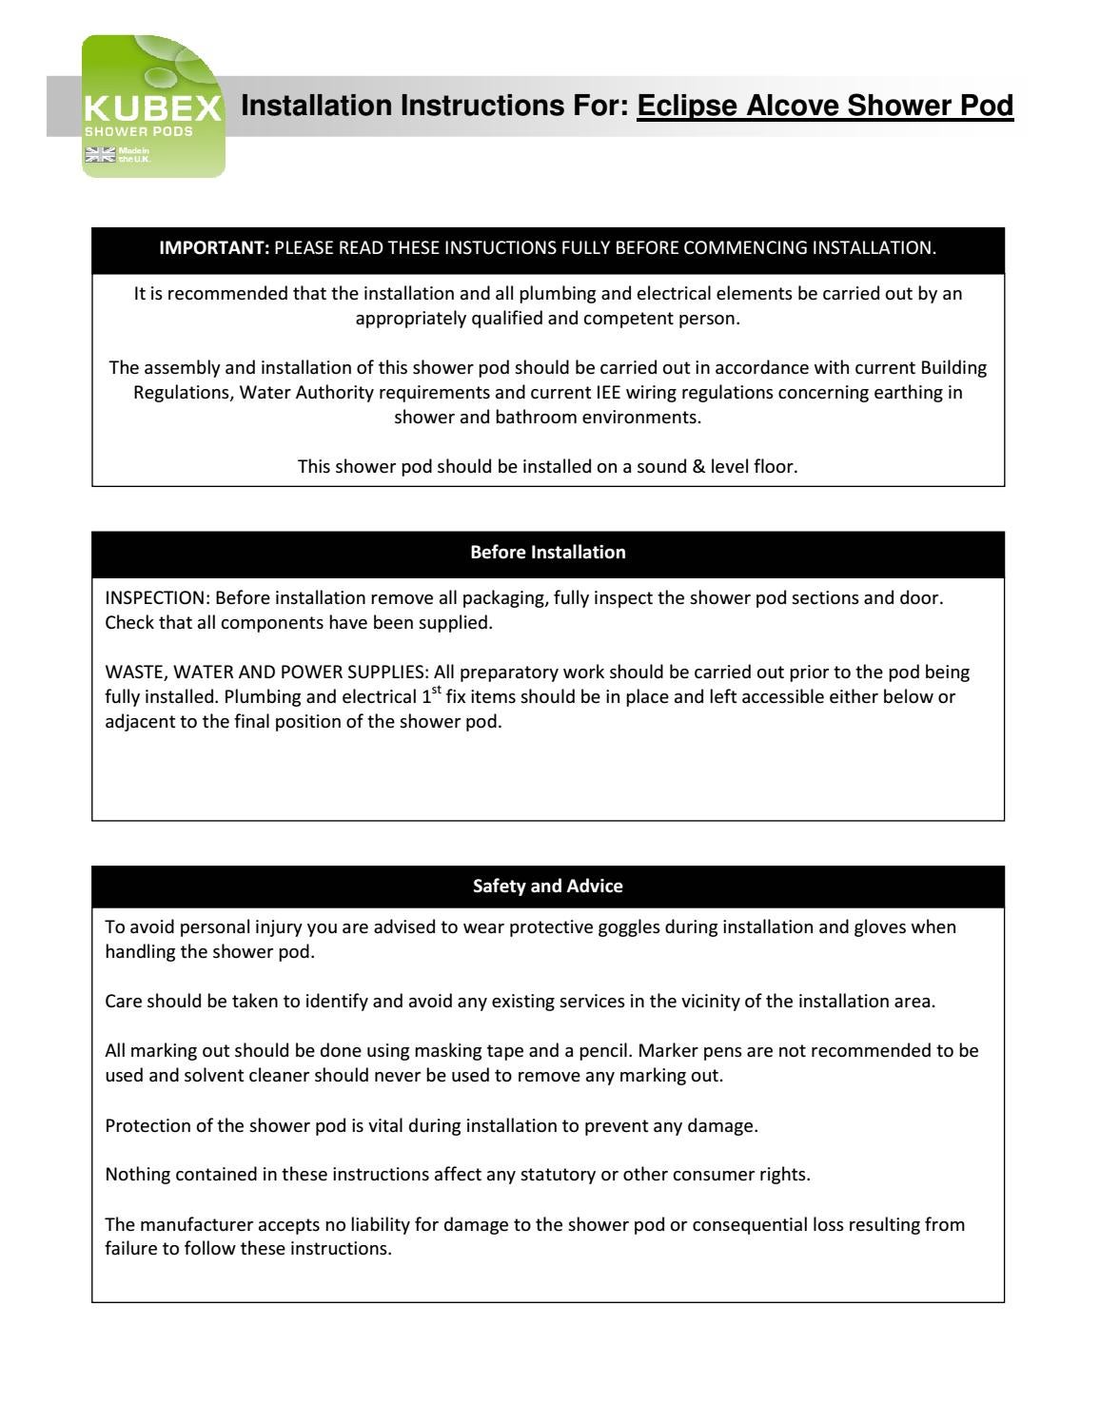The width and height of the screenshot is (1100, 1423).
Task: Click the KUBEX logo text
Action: click(x=153, y=107)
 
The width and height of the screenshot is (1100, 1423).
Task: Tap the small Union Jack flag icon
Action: click(x=98, y=155)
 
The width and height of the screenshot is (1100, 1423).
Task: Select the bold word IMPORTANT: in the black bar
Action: click(x=215, y=248)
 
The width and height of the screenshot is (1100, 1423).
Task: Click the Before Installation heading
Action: click(x=548, y=552)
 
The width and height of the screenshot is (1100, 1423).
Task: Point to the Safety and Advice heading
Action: click(x=548, y=886)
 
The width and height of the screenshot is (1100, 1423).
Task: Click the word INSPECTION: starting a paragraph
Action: click(x=157, y=598)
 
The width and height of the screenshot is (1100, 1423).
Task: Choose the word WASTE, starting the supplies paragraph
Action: click(x=133, y=672)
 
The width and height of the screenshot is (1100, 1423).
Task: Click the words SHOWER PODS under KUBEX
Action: click(x=139, y=131)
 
